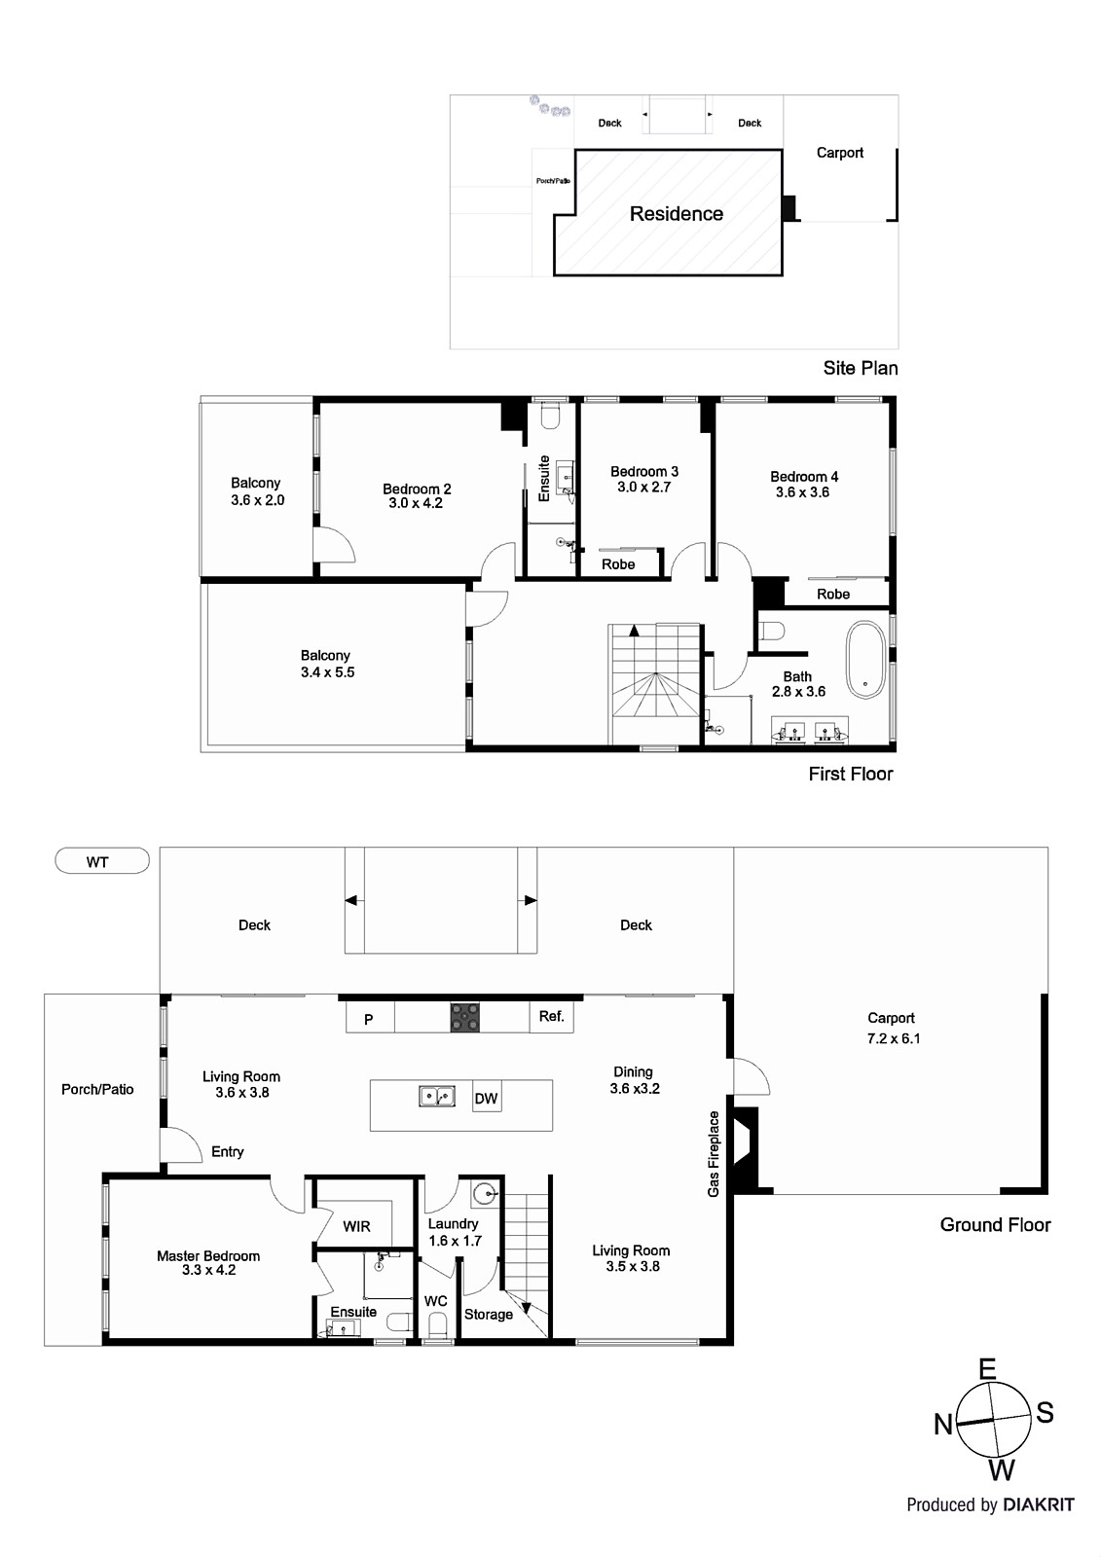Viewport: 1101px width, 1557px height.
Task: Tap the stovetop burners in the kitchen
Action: [x=464, y=1017]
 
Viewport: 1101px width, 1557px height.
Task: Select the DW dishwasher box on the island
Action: [x=486, y=1099]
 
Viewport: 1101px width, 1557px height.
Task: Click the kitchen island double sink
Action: [x=437, y=1097]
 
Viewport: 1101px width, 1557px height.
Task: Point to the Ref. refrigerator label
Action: [x=551, y=1016]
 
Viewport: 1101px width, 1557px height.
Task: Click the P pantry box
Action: [x=369, y=1019]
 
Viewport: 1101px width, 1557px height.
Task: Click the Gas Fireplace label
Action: [x=714, y=1154]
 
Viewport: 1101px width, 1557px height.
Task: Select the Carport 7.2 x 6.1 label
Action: [x=892, y=1028]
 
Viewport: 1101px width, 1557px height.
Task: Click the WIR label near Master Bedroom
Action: [x=356, y=1226]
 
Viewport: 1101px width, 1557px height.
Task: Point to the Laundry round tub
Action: [x=484, y=1192]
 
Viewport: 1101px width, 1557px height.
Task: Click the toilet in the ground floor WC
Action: [x=437, y=1325]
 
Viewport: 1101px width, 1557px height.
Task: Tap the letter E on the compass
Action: [x=987, y=1369]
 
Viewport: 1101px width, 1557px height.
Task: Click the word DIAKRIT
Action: [x=1040, y=1504]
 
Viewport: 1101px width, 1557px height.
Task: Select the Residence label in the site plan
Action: [x=676, y=214]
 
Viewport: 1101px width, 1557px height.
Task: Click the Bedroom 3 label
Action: [x=643, y=471]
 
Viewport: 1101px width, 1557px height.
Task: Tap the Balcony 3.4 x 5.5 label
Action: [x=326, y=664]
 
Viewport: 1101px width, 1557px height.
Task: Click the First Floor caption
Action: [x=850, y=774]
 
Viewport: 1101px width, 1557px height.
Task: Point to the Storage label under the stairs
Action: [x=488, y=1314]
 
